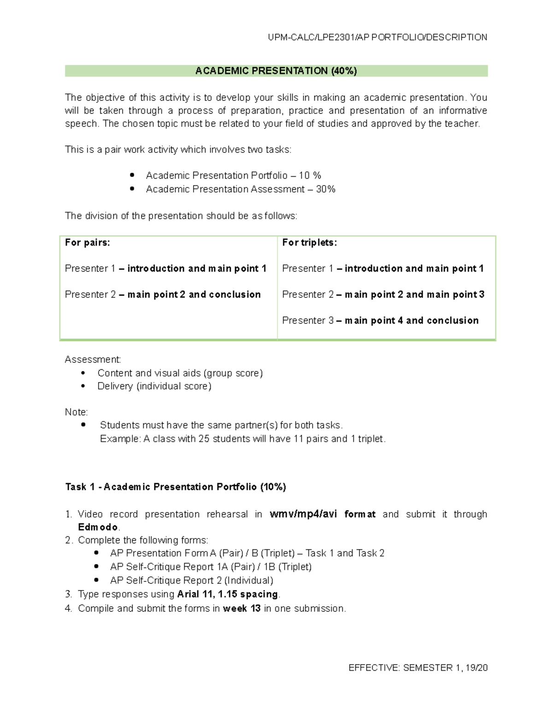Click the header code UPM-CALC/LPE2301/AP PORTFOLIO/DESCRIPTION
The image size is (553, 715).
click(377, 37)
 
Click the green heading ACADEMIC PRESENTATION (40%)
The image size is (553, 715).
click(276, 71)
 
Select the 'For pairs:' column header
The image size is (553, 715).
click(88, 243)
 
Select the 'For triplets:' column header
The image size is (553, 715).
click(309, 243)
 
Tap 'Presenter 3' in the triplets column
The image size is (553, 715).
click(307, 320)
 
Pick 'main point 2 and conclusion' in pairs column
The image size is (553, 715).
click(194, 295)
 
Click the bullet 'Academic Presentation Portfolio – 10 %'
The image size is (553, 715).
click(233, 175)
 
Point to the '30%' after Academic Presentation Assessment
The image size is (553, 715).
click(325, 189)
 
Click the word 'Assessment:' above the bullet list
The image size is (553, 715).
click(93, 360)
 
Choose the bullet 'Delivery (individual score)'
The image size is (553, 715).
click(154, 386)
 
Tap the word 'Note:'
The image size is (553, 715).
click(76, 412)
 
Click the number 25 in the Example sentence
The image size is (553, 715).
click(204, 439)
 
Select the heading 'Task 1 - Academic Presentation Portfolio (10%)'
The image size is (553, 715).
click(176, 487)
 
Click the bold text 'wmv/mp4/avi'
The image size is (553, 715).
click(303, 514)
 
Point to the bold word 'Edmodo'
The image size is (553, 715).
click(98, 527)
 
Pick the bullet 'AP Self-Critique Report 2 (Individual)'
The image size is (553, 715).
click(191, 581)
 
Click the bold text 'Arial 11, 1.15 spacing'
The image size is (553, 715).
click(228, 594)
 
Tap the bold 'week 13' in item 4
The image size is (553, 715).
click(241, 609)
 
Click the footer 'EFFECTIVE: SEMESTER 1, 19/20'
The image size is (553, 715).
click(418, 668)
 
